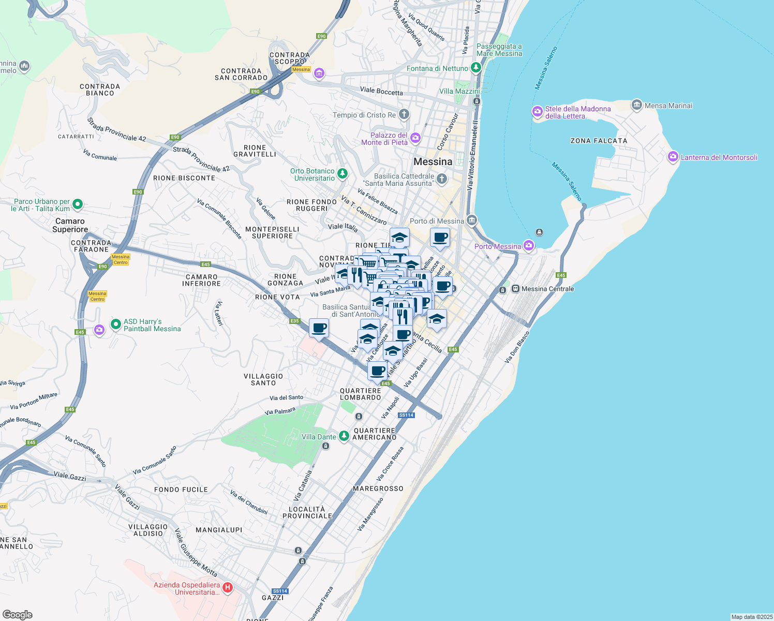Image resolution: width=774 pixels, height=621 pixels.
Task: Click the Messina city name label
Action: (433, 161)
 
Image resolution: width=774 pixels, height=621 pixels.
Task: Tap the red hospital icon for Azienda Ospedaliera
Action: (228, 588)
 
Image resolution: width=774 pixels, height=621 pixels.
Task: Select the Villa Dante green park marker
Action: (344, 436)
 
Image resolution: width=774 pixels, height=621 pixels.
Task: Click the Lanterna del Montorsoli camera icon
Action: (673, 157)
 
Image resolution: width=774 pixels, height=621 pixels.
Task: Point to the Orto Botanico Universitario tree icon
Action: (343, 174)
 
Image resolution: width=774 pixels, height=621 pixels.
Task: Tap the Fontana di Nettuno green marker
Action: (476, 68)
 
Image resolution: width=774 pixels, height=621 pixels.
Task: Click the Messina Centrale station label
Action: (547, 289)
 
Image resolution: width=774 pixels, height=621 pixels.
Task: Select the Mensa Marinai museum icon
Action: (637, 105)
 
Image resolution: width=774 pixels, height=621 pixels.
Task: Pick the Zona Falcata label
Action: (599, 141)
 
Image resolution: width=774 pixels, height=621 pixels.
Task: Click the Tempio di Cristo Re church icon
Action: (404, 114)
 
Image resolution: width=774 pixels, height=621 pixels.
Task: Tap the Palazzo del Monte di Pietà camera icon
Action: (415, 138)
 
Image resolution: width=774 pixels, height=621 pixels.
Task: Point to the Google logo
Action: (17, 614)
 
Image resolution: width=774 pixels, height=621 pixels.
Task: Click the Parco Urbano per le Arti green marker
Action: (78, 204)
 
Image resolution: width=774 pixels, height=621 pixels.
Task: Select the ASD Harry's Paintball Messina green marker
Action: (116, 324)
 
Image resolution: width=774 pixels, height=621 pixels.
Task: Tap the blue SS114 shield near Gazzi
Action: (280, 591)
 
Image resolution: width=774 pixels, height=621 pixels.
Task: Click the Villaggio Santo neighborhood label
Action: (263, 379)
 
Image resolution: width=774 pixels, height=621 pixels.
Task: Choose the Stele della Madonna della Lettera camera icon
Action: (538, 111)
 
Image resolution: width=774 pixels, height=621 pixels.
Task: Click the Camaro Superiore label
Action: (70, 225)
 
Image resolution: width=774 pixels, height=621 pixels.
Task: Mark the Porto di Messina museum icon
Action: (471, 220)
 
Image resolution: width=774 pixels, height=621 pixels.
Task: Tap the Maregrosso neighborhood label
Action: (378, 489)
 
